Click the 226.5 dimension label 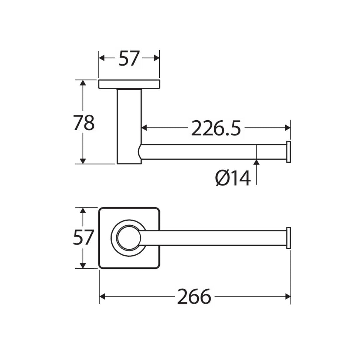[x=216, y=128]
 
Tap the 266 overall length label [x=194, y=296]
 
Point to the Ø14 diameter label [x=233, y=178]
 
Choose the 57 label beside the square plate [x=83, y=238]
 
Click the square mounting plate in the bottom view [x=129, y=238]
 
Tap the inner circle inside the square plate [x=129, y=238]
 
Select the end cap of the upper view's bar [x=289, y=152]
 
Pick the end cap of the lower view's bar [x=289, y=238]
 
